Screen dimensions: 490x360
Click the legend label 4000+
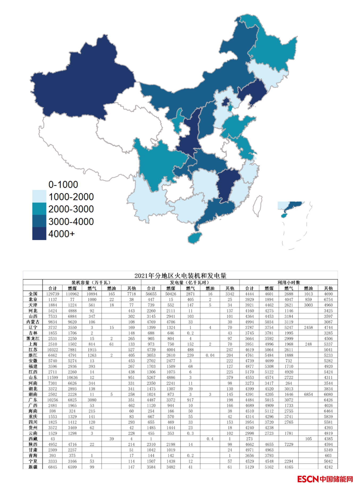(61, 234)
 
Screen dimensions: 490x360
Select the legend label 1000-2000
(71, 197)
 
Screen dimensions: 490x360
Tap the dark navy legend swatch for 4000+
(39, 234)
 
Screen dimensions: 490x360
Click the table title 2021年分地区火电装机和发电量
(180, 276)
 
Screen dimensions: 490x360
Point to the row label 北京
(33, 299)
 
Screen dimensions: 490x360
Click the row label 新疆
(33, 467)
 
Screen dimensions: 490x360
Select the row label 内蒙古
(33, 322)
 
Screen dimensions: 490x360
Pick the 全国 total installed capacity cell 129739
(53, 294)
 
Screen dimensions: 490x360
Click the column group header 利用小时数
(288, 282)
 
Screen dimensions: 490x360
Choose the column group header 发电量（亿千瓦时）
(190, 282)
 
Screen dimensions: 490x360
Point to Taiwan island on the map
(257, 206)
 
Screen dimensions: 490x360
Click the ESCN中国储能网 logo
(325, 479)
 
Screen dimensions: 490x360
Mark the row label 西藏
(33, 439)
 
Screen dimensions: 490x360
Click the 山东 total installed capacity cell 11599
(53, 378)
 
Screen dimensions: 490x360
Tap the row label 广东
(33, 400)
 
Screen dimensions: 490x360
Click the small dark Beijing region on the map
(226, 102)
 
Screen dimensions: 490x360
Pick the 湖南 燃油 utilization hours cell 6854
(308, 394)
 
